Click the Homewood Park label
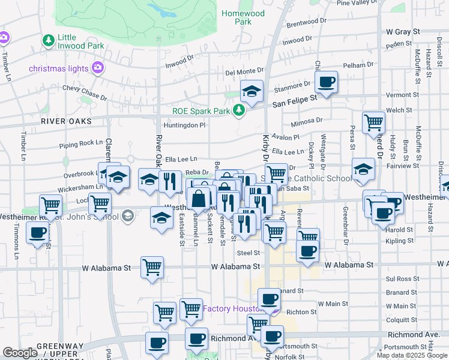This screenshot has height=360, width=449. (243, 17)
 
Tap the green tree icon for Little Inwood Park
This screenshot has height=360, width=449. (47, 41)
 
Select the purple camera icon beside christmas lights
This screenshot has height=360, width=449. (97, 68)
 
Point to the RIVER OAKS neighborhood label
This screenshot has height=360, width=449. (66, 121)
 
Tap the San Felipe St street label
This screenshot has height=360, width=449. (294, 103)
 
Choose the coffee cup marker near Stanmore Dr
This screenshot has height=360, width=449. (326, 82)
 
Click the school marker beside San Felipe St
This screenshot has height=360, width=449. (252, 91)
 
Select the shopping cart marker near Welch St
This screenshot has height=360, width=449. (373, 122)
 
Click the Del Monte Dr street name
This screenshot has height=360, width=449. (244, 72)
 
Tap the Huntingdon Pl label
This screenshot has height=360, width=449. (184, 125)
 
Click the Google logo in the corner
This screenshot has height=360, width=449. (20, 353)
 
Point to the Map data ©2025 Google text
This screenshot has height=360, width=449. (412, 355)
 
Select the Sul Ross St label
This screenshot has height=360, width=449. (402, 279)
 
